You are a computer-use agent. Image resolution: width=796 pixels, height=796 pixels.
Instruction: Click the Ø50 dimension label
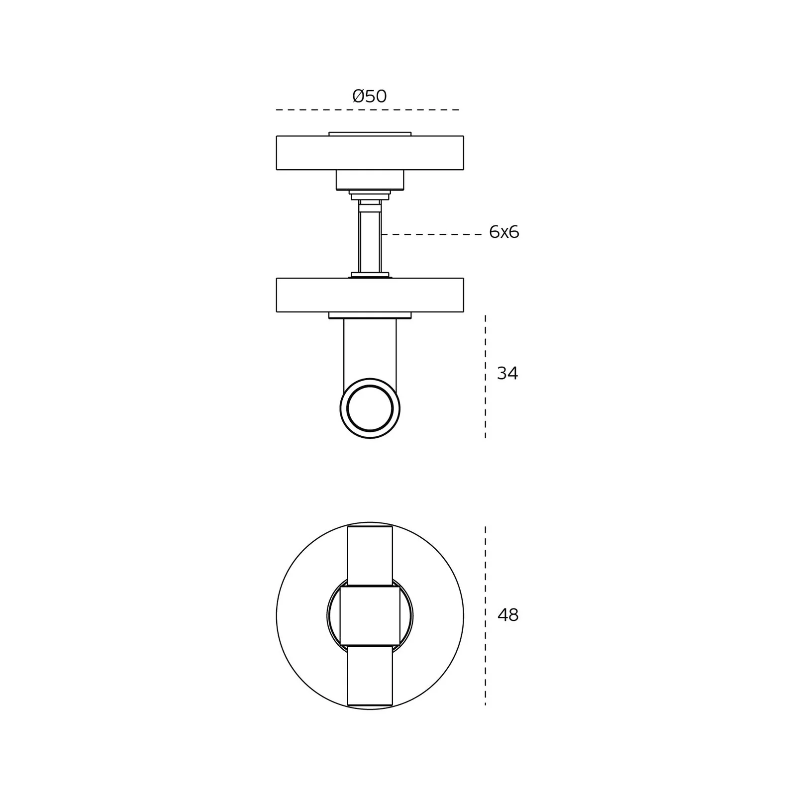point(370,96)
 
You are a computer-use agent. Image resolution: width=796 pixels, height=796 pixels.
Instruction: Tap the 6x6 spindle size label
point(504,232)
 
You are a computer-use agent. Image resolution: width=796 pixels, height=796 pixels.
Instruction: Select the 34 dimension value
point(507,373)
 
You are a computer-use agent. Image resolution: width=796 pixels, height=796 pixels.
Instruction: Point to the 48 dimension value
point(508,615)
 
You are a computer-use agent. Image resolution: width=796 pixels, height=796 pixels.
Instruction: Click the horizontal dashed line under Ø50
point(368,110)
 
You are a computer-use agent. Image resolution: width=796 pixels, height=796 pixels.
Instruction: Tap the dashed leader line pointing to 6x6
point(431,234)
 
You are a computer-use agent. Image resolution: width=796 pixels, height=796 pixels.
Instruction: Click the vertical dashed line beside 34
point(486,376)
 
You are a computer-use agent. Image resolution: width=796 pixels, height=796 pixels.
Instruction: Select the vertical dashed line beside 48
point(486,615)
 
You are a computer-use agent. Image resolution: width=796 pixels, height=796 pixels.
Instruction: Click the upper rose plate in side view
point(370,153)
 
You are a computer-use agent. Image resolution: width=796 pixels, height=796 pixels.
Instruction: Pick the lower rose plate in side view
point(370,295)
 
